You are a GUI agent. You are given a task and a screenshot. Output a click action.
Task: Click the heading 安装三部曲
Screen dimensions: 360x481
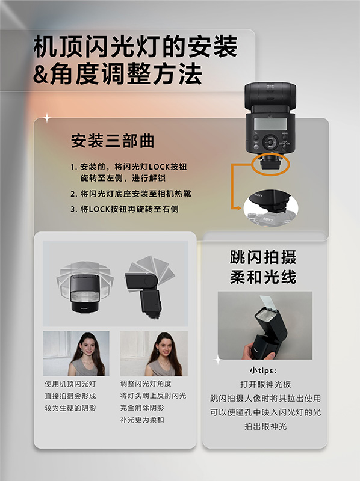[113, 141]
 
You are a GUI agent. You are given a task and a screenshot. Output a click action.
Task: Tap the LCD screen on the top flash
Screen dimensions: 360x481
[270, 124]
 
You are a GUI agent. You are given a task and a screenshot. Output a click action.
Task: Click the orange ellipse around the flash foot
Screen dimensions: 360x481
[270, 164]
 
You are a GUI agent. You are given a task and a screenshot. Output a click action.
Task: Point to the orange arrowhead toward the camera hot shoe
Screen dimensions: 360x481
[238, 208]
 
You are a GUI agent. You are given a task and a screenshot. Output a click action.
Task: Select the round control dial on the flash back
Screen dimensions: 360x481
[271, 142]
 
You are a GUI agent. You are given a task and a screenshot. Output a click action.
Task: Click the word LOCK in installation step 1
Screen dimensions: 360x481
[160, 167]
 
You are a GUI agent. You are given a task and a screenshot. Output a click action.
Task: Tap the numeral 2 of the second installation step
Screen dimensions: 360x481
[73, 194]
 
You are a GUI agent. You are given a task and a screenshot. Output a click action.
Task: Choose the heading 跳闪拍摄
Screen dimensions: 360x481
[263, 257]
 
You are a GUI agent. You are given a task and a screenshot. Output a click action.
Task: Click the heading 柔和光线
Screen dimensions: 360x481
[263, 277]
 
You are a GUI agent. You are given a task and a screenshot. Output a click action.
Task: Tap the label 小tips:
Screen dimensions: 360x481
[263, 370]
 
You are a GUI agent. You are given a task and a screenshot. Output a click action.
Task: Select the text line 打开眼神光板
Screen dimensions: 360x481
[265, 384]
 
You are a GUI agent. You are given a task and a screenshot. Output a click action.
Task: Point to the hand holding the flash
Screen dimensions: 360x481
[256, 352]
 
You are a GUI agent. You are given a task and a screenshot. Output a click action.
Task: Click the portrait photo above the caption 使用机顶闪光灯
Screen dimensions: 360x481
[76, 354]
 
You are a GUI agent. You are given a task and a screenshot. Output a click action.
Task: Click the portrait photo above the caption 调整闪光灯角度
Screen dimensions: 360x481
[154, 354]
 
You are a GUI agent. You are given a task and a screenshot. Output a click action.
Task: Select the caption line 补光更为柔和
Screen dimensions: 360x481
[142, 420]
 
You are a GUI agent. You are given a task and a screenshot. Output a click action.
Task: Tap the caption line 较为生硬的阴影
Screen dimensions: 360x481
[70, 408]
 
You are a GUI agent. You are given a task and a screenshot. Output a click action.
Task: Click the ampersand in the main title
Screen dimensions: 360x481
[40, 74]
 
